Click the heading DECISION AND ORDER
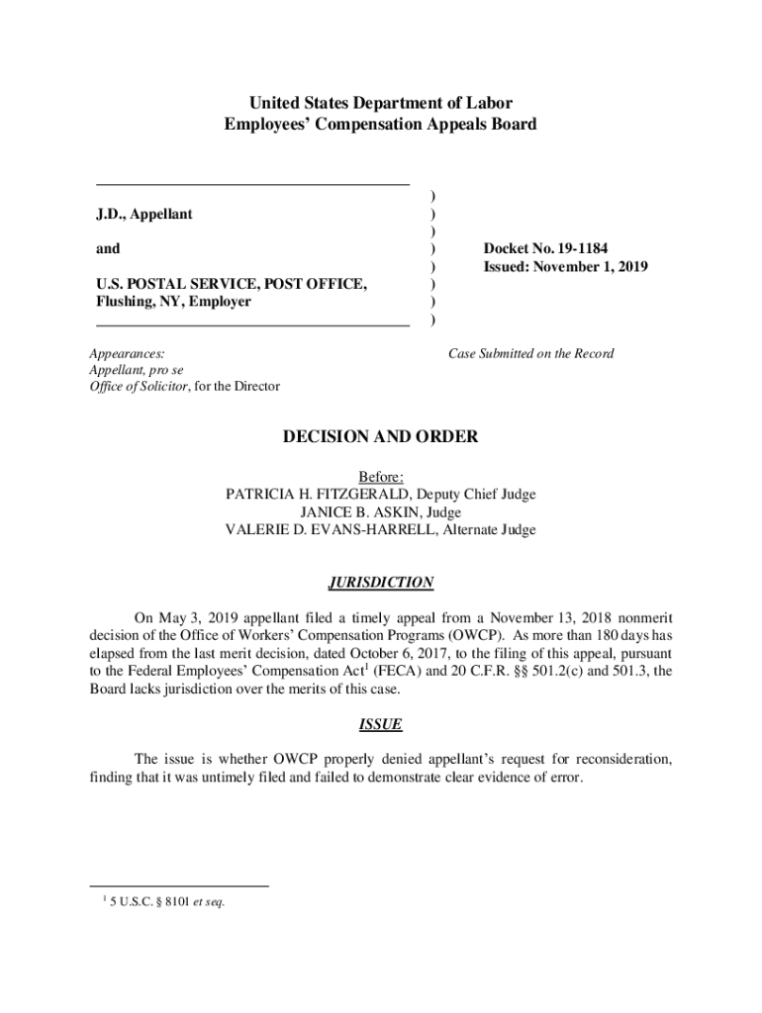pyautogui.click(x=381, y=437)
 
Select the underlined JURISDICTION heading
pyautogui.click(x=381, y=583)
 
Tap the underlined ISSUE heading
pyautogui.click(x=381, y=724)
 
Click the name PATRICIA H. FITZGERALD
pyautogui.click(x=319, y=495)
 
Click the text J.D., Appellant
pyautogui.click(x=144, y=215)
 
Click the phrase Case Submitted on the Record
pyautogui.click(x=531, y=353)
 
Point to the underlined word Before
pyautogui.click(x=381, y=477)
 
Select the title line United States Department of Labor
pyautogui.click(x=381, y=103)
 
